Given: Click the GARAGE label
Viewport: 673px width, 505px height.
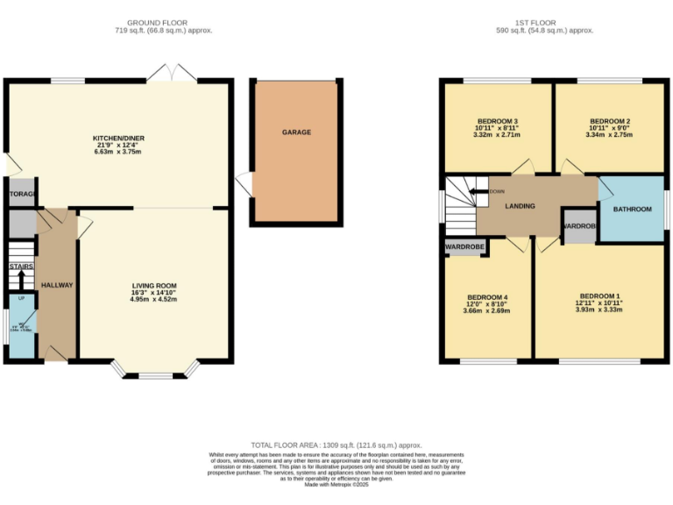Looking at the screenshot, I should [296, 132].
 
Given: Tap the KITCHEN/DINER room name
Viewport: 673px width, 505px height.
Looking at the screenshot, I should [117, 138].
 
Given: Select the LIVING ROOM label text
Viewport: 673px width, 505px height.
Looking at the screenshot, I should [154, 285].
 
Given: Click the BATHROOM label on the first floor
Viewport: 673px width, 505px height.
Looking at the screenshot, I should [632, 209].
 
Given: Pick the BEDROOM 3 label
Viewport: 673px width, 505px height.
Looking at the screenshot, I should [498, 121].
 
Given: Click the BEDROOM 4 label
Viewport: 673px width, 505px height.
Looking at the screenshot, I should [488, 296].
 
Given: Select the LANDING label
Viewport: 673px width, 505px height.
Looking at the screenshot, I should [520, 207].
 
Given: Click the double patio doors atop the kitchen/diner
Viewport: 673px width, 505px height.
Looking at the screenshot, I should [172, 73].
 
